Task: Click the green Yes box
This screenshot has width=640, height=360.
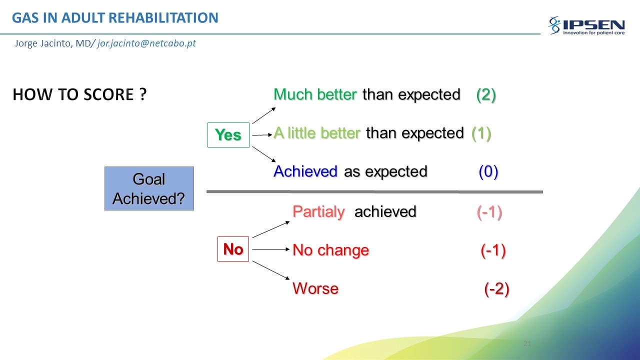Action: (x=228, y=135)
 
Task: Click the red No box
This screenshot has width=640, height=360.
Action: (x=233, y=249)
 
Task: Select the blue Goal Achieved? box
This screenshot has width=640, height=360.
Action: (x=149, y=188)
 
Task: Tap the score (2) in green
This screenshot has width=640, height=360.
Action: (x=486, y=95)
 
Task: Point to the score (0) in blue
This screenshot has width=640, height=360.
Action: (x=488, y=171)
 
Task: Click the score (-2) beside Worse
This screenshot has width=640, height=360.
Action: (x=497, y=289)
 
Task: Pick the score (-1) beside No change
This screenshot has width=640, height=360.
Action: (x=493, y=250)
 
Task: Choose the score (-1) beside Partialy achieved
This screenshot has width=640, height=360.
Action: (x=489, y=212)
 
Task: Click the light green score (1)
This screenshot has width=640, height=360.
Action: (x=481, y=133)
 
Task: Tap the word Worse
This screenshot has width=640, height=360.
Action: (x=315, y=288)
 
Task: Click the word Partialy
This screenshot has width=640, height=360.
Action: (x=319, y=212)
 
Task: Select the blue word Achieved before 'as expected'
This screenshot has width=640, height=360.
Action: (x=305, y=171)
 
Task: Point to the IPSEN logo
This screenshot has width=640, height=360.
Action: (x=586, y=25)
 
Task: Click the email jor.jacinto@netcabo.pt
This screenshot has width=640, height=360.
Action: (x=146, y=43)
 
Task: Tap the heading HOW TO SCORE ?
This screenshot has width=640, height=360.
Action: (x=79, y=94)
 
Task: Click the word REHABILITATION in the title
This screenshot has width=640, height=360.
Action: (x=163, y=17)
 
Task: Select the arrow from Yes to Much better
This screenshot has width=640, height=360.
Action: (x=264, y=115)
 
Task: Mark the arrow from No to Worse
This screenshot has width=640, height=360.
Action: (x=271, y=270)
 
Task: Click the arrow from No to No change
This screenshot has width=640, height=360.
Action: (x=271, y=249)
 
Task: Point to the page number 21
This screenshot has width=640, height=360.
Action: (x=527, y=343)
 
